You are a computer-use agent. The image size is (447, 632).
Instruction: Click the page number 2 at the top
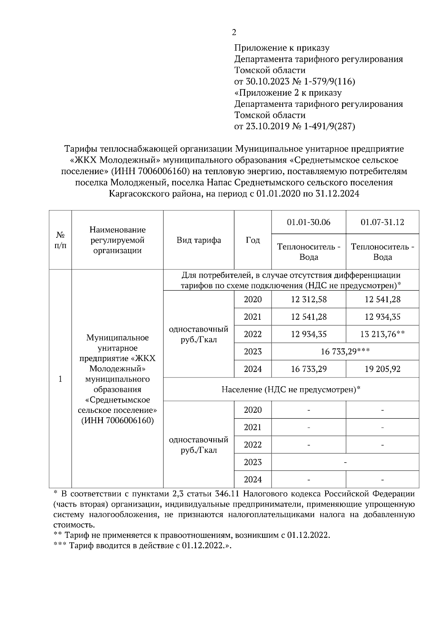234,32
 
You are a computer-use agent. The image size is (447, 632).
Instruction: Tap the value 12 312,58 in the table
308,300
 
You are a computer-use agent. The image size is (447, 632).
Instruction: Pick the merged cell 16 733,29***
345,352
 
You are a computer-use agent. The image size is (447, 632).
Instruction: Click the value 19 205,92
382,369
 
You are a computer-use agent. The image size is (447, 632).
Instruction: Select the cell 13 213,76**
382,334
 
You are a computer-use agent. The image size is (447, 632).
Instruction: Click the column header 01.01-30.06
308,222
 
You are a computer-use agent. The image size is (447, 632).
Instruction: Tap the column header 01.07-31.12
382,222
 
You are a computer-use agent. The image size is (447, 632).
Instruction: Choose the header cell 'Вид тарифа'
199,240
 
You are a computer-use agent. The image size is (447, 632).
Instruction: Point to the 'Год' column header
253,240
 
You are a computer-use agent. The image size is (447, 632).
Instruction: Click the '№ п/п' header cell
60,240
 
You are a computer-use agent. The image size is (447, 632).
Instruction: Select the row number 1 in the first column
60,379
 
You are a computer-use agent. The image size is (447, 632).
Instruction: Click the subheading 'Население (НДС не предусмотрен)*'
291,390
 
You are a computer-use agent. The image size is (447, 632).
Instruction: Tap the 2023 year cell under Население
253,462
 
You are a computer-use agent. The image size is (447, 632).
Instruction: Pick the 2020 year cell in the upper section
253,300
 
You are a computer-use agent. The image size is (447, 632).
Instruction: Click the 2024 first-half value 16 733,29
308,369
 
